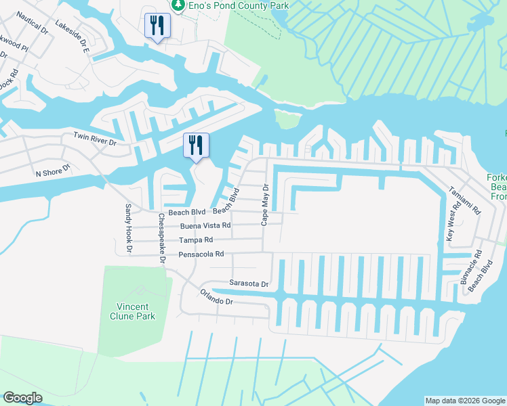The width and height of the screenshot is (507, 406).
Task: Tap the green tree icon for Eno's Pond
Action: [x=178, y=5]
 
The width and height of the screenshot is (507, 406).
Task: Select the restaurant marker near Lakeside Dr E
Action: [x=157, y=26]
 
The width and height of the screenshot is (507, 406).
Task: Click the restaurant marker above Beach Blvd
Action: [x=196, y=145]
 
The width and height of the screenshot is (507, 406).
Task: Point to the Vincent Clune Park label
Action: [x=132, y=311]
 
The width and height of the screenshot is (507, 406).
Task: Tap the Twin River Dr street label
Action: [x=95, y=140]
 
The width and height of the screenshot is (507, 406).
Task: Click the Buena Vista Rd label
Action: [x=205, y=225]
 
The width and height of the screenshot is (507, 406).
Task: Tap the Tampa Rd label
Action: [x=196, y=240]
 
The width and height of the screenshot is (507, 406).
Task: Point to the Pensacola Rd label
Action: [x=201, y=254]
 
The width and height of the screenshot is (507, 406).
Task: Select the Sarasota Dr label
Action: [x=249, y=284]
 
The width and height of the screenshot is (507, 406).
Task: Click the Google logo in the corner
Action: [x=23, y=398]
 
